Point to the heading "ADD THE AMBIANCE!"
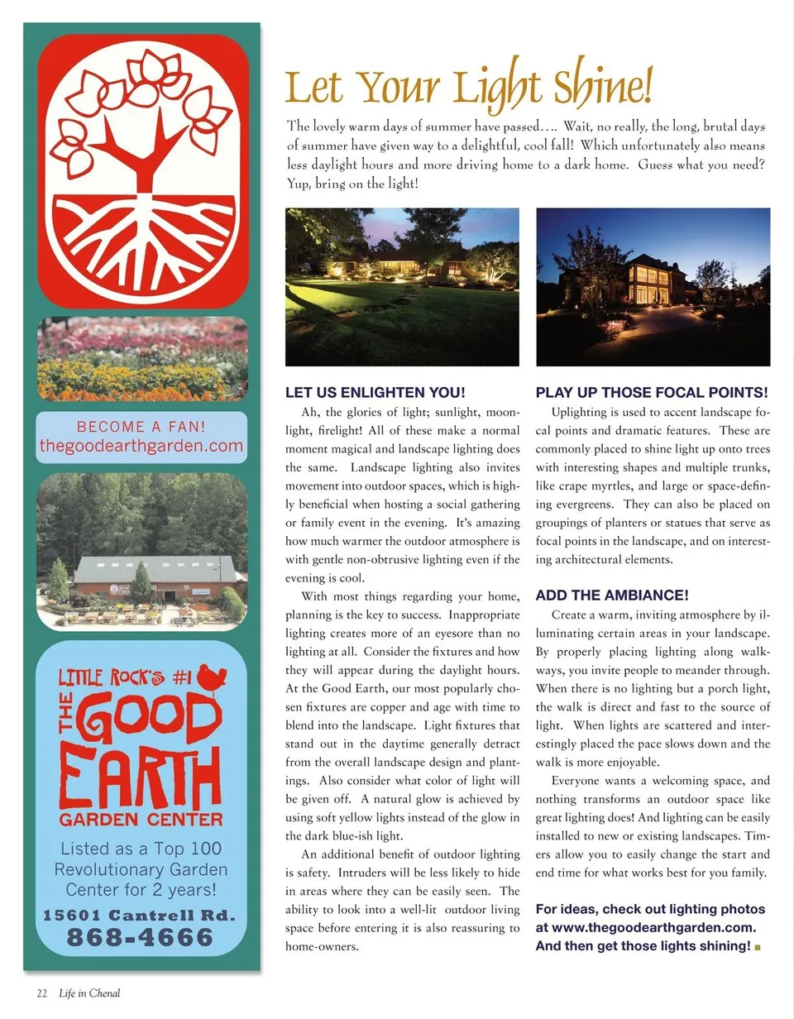(612, 595)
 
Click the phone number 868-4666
(140, 937)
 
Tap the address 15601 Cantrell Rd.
(140, 916)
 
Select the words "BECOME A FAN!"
(141, 427)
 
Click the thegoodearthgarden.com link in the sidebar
(141, 447)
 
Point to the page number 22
(41, 993)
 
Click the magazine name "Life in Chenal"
(89, 993)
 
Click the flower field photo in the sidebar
(142, 359)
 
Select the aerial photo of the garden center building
(142, 551)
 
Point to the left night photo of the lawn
(402, 287)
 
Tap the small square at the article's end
(758, 946)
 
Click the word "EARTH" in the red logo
(141, 778)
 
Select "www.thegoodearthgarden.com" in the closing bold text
(646, 928)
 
